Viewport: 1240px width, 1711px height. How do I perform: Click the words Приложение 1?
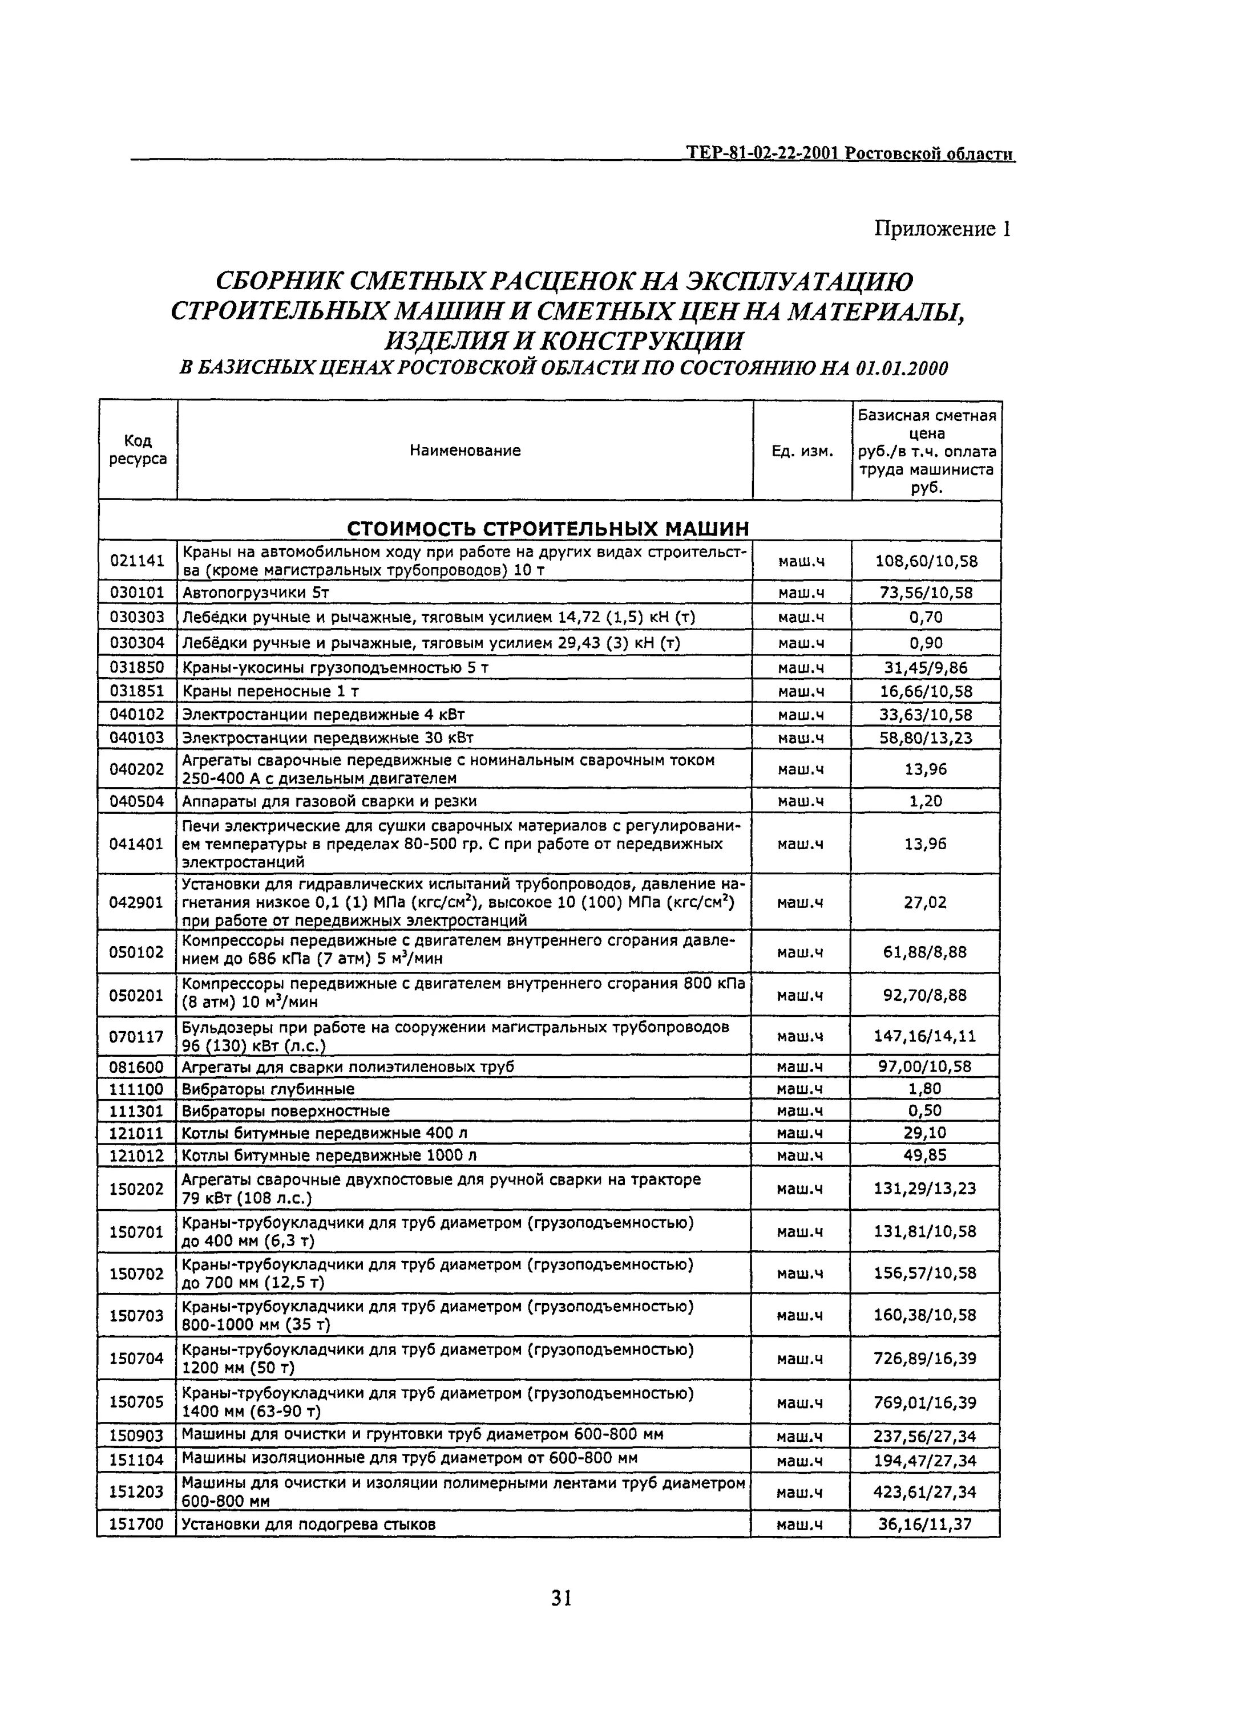pos(942,229)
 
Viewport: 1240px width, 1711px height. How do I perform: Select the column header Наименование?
pos(465,451)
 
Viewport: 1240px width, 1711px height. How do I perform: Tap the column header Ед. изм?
pos(802,451)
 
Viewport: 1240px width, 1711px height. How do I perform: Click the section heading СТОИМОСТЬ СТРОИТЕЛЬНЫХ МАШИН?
pos(548,528)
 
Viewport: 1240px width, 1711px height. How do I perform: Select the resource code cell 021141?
pos(138,561)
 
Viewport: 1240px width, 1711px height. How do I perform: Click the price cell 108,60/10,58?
pos(926,561)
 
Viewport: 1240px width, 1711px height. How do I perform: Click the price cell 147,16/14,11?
pos(924,1036)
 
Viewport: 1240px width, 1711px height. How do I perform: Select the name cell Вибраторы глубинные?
pos(268,1089)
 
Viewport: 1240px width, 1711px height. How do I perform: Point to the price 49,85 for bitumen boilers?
pos(924,1155)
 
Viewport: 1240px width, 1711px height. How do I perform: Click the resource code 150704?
pos(136,1359)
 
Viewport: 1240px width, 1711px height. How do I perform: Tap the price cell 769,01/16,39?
pos(924,1402)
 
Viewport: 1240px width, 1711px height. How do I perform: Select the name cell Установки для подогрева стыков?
pos(309,1524)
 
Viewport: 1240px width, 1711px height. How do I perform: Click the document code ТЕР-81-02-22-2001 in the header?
pos(762,153)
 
